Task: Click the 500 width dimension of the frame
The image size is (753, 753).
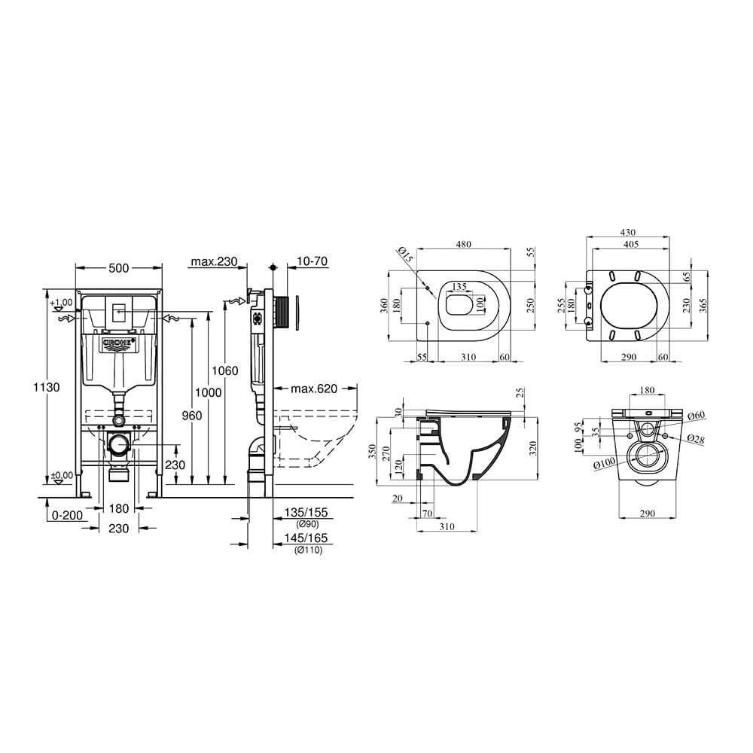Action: [x=119, y=268]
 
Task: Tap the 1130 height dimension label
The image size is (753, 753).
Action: [x=47, y=386]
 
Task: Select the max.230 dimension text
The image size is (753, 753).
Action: [x=214, y=261]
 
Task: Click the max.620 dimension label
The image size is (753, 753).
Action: [x=314, y=388]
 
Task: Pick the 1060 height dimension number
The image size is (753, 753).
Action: [x=224, y=370]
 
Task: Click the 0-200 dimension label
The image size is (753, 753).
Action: [x=67, y=515]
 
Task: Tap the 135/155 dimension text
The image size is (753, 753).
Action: [x=306, y=513]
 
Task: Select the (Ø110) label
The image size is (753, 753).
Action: [x=308, y=550]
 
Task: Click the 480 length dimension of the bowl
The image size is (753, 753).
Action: [x=463, y=244]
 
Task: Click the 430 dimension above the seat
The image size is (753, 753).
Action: [x=628, y=233]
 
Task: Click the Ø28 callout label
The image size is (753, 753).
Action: [x=695, y=439]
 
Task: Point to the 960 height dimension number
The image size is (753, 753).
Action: [x=191, y=415]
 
